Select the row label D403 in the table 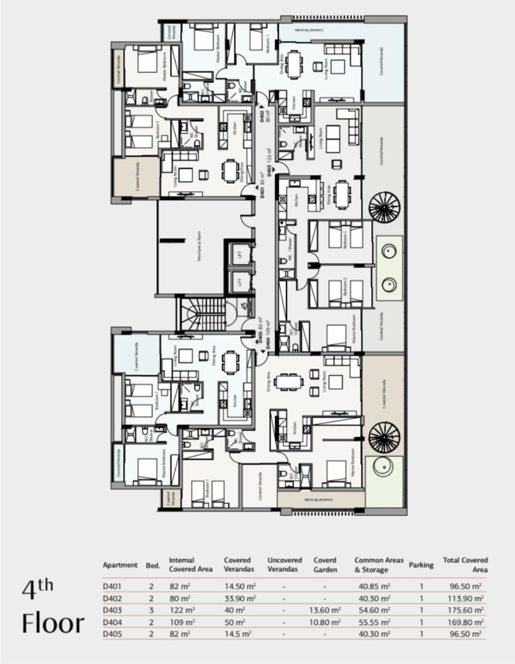[113, 610]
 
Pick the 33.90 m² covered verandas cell [240, 598]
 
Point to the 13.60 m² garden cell [327, 610]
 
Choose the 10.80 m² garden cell [327, 622]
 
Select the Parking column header [421, 565]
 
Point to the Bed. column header [152, 565]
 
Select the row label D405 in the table [113, 633]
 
